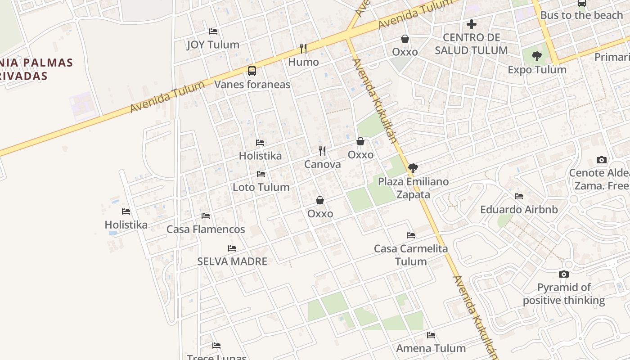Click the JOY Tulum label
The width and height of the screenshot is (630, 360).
tap(213, 45)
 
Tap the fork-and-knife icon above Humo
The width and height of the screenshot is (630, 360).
tap(303, 48)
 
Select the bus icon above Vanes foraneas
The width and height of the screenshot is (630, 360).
tap(252, 71)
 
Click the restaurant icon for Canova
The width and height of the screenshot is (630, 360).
tap(322, 151)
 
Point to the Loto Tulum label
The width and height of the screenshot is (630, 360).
tap(261, 187)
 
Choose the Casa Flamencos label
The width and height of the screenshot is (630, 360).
tap(206, 229)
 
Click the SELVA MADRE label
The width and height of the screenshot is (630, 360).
tap(232, 261)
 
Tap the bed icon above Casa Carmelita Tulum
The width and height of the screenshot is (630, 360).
tap(411, 235)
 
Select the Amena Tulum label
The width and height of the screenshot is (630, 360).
tap(431, 348)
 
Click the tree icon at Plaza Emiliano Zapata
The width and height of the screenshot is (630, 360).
tap(413, 169)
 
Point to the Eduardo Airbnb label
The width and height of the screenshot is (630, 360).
tap(519, 210)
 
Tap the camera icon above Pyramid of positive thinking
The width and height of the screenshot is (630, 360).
tap(564, 274)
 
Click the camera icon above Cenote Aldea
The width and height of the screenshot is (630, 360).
tap(601, 160)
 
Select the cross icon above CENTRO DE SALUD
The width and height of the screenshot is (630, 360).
tap(472, 24)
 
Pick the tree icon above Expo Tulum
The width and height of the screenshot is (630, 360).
tap(536, 56)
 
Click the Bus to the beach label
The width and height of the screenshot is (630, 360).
tap(581, 15)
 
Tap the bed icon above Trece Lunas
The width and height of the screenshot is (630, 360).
tap(216, 346)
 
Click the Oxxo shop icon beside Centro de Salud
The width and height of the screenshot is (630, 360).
tap(405, 39)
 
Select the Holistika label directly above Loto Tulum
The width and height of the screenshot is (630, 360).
tap(260, 156)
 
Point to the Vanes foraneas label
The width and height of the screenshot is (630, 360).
tap(252, 85)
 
